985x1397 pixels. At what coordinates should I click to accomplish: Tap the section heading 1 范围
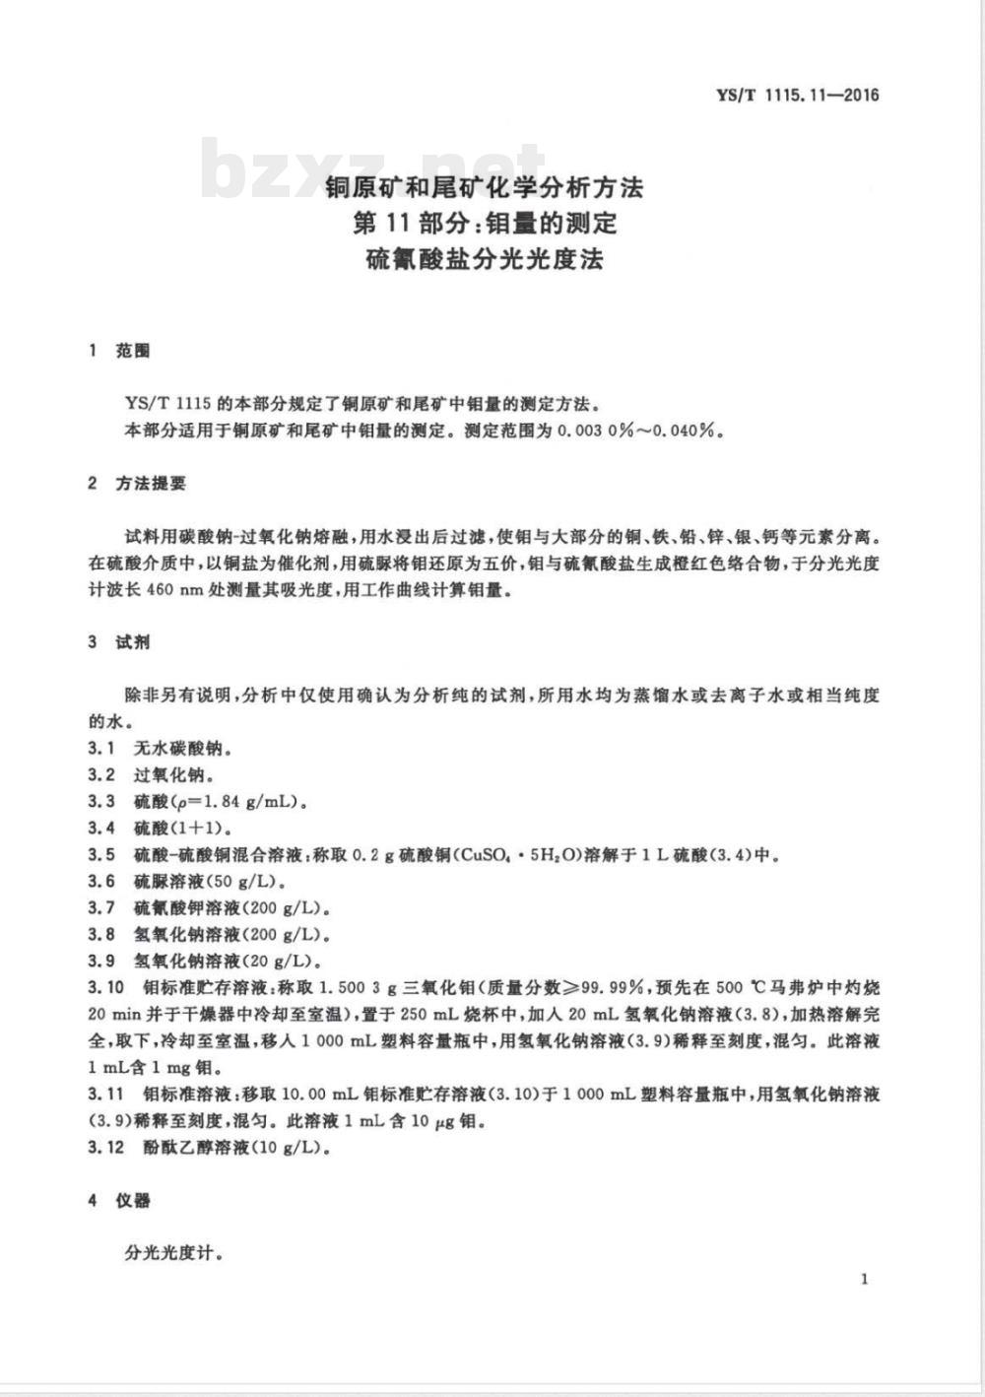click(119, 351)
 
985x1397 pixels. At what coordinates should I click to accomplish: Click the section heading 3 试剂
click(119, 642)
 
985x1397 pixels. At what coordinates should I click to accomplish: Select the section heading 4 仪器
click(119, 1201)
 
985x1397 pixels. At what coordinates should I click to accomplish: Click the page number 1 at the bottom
click(864, 1279)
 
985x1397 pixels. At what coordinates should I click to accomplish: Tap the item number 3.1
click(101, 748)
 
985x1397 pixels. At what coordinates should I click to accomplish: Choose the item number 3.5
click(101, 854)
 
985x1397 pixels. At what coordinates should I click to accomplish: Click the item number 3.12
click(106, 1148)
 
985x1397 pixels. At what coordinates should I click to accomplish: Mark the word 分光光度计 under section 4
click(168, 1254)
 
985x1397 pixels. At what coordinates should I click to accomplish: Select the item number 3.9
click(101, 961)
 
